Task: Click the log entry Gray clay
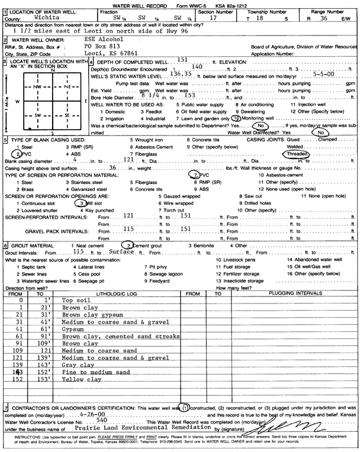pyautogui.click(x=77, y=365)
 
